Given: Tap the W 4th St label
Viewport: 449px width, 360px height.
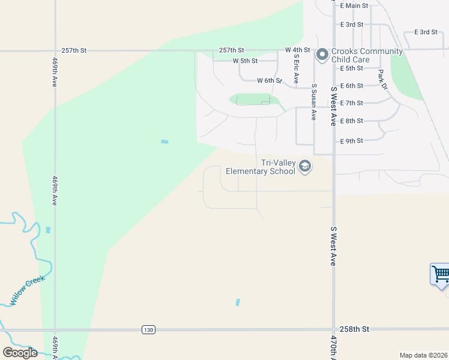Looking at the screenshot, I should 297,50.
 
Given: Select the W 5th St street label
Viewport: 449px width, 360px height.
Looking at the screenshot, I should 245,61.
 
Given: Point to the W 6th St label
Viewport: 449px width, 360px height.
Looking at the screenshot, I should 269,80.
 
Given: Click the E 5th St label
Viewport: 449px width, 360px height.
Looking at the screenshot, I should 351,68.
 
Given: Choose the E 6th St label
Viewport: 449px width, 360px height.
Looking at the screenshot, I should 351,86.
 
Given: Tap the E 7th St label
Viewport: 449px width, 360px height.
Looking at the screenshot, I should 351,103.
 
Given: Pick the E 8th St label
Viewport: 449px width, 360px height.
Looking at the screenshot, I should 351,121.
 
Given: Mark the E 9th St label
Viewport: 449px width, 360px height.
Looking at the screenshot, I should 351,141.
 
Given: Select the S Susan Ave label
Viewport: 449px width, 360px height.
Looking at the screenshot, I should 313,101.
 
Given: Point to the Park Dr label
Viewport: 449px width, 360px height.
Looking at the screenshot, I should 382,80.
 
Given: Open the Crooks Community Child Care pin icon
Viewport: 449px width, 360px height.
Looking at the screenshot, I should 322,55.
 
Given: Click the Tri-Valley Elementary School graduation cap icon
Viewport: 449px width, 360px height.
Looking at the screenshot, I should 305,166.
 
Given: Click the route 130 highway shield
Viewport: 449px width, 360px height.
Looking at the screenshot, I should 148,329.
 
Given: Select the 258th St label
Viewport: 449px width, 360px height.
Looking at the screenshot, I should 356,329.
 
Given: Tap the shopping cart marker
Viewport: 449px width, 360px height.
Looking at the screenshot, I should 441,275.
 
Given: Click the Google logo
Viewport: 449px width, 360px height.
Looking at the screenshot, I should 20,353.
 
